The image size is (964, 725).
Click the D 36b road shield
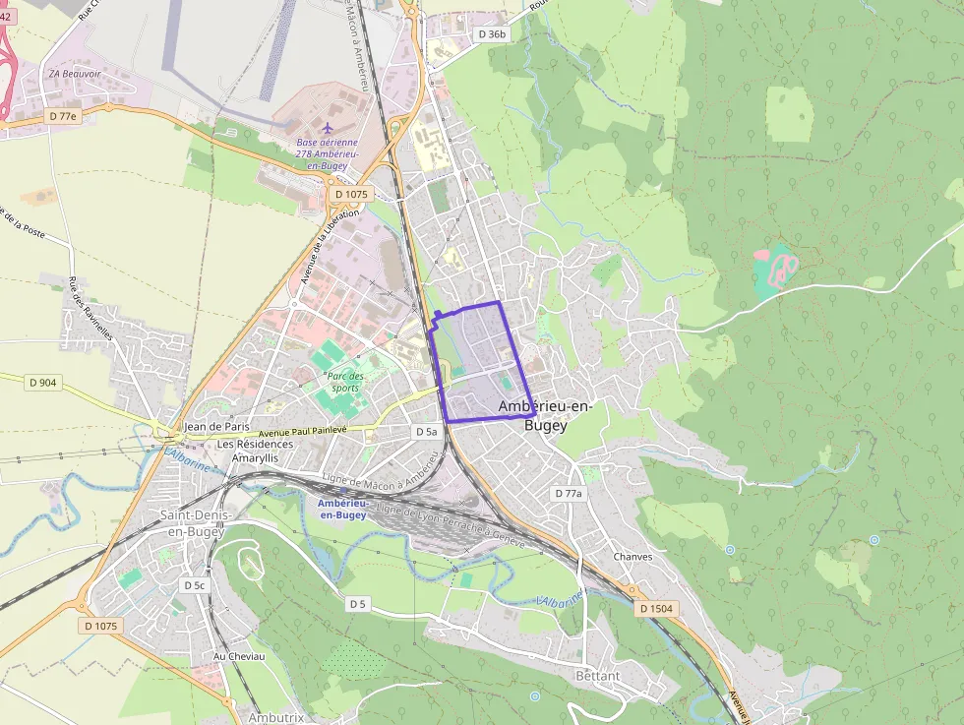coord(492,34)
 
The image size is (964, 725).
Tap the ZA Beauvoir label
coord(76,74)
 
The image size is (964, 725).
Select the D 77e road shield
coord(61,116)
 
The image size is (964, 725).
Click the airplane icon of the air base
coord(329,128)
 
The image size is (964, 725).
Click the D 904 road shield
coord(42,382)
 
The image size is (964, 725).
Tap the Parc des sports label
coord(345,382)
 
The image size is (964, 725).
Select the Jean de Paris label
coord(216,427)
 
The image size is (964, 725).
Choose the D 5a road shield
coord(425,432)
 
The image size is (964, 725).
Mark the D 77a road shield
coord(569,493)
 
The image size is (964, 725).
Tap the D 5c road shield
coord(194,585)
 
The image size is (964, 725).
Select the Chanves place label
coord(633,557)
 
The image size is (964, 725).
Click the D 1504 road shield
coord(655,609)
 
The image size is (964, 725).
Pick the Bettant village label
coord(598,677)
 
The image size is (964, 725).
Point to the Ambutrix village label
coord(275,717)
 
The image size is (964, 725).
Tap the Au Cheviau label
coord(239,656)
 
